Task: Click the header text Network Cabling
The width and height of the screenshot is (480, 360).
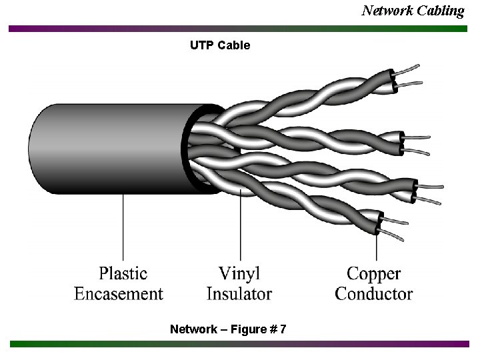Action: [x=413, y=11]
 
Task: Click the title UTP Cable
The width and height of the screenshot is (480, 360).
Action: [x=220, y=45]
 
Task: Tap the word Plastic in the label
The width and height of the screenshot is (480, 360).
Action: [x=123, y=273]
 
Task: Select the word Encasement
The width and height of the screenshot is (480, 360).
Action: [x=119, y=293]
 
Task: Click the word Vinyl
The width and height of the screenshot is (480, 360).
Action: [x=239, y=273]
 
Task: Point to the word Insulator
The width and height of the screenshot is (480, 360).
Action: [x=239, y=293]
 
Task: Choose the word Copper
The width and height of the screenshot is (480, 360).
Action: [x=373, y=273]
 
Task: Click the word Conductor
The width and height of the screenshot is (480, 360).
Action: [x=373, y=293]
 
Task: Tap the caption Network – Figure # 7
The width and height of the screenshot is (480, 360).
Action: [x=228, y=329]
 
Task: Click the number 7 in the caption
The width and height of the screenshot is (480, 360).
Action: [x=283, y=329]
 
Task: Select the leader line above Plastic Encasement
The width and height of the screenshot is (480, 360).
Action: [x=123, y=227]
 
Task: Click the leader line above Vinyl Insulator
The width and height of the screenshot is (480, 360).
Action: [x=241, y=227]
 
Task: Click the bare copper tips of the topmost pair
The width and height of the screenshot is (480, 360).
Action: [x=409, y=75]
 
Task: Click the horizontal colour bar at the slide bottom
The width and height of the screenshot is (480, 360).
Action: [x=240, y=344]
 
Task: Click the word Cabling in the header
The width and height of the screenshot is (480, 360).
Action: [x=441, y=11]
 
